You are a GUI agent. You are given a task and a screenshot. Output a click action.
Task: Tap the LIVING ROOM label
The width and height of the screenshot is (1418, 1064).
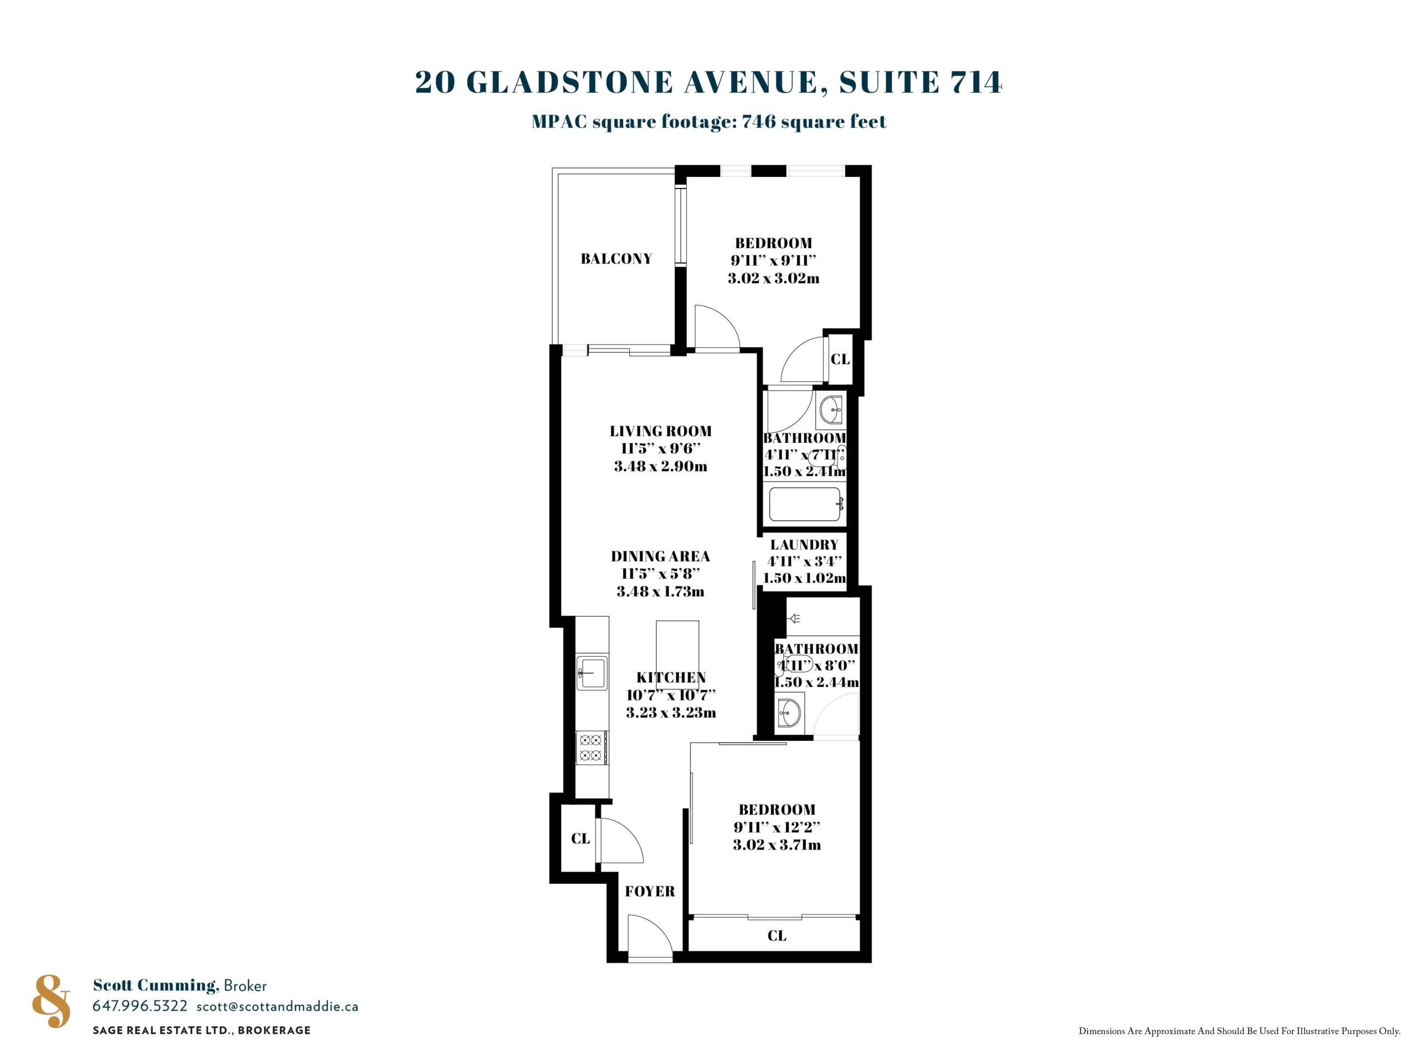pos(660,431)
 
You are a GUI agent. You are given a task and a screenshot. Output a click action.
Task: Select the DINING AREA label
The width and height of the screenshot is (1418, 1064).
pos(660,556)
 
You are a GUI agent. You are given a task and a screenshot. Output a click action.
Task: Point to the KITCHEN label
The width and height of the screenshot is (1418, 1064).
pos(671,677)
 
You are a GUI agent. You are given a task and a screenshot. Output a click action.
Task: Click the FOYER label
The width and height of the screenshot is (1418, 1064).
pos(650,891)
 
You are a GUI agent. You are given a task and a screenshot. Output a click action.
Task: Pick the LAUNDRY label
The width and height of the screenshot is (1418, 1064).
pos(804,545)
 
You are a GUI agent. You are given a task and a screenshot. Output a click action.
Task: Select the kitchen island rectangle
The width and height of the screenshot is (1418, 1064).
pos(677,647)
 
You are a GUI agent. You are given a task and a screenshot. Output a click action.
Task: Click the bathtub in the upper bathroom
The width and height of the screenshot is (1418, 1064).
pos(804,505)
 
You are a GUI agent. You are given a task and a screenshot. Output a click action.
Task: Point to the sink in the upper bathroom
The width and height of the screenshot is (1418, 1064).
pos(831,410)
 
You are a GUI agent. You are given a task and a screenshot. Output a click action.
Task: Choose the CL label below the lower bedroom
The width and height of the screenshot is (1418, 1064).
pos(777,936)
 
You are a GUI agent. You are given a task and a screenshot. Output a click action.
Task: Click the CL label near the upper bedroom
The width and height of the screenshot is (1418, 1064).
pos(840,359)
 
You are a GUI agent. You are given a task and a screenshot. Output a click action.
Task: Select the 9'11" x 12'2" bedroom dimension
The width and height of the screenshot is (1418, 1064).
pos(777,827)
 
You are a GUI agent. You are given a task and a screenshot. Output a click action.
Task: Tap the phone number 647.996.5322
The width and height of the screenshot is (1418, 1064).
pos(140,1006)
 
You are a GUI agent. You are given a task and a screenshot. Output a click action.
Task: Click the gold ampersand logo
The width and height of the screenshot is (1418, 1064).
pos(52,1001)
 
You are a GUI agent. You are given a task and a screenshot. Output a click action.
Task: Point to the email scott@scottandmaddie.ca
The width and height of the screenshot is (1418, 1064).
pos(278,1006)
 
